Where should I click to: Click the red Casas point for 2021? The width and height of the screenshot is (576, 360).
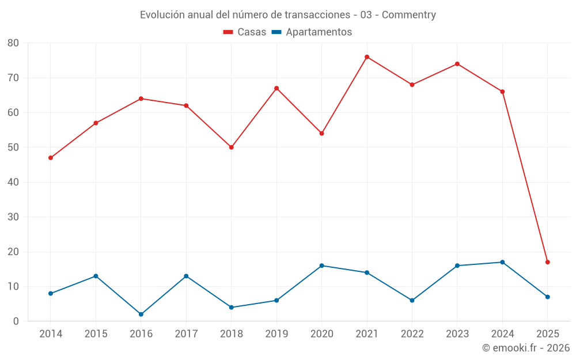[367, 57]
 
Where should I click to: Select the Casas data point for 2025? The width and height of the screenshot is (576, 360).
[547, 262]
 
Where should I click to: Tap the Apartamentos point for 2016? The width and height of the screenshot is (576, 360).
[141, 314]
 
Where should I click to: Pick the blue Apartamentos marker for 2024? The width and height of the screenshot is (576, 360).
[502, 262]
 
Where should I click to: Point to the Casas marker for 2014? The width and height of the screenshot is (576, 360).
[51, 158]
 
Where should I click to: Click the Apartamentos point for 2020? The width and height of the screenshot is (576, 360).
[321, 266]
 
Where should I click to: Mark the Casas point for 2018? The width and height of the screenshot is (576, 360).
[232, 147]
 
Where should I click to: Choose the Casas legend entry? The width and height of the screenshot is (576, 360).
[245, 32]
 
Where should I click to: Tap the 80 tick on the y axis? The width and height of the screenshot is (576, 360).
[13, 43]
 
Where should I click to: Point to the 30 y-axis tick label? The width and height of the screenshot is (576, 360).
[13, 217]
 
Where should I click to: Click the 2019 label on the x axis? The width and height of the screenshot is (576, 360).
[276, 334]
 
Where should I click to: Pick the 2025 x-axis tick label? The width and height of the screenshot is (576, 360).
[547, 334]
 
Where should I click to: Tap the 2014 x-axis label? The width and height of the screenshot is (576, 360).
[51, 334]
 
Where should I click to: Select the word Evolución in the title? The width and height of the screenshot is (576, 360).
[162, 15]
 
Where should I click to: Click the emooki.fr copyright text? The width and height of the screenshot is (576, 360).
[526, 348]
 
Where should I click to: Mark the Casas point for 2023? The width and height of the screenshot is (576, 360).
[457, 64]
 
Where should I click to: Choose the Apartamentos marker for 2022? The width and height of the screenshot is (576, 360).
[412, 300]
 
